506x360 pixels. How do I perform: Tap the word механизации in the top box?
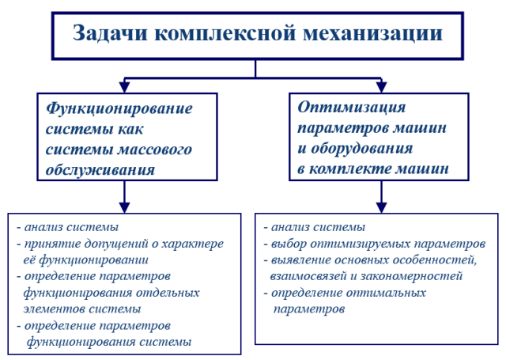372,33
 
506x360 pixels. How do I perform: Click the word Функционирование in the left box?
119,109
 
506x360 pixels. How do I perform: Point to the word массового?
155,150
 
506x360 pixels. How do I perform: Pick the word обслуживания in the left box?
100,170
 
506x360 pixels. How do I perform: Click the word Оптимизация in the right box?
351,108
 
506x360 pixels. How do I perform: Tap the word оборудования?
362,149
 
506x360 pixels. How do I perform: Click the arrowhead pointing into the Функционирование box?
125,87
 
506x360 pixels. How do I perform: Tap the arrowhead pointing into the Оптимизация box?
381,87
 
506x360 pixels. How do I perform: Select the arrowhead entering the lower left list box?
125,207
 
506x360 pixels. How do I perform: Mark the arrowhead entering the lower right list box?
381,207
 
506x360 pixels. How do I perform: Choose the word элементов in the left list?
54,309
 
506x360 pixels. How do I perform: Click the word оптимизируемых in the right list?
361,244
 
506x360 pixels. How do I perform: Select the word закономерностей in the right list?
411,276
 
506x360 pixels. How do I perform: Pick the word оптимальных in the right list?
386,294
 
